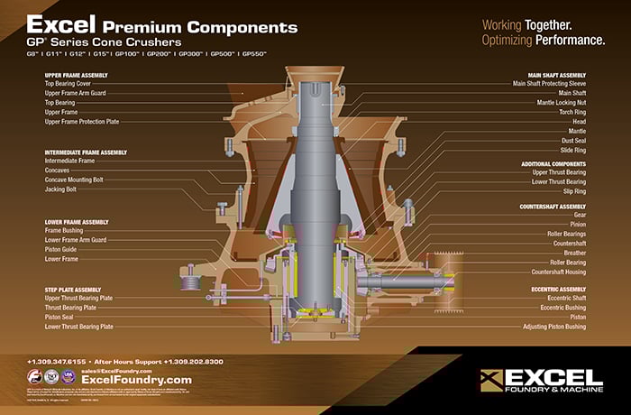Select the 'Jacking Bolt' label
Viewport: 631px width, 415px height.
pos(61,189)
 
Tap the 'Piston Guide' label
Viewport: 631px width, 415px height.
pos(61,249)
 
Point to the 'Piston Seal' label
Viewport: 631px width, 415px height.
pos(59,317)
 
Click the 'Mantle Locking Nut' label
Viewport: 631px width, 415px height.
pos(554,102)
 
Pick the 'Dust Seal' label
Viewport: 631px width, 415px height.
pos(572,140)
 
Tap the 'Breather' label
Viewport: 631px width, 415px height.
pos(572,253)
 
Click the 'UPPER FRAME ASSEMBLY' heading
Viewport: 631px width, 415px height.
pos(78,74)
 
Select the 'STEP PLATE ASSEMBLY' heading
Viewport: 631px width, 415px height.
pos(75,289)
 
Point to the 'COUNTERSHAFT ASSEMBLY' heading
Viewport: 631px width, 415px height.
pos(553,206)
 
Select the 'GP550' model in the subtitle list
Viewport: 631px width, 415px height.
pos(249,55)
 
